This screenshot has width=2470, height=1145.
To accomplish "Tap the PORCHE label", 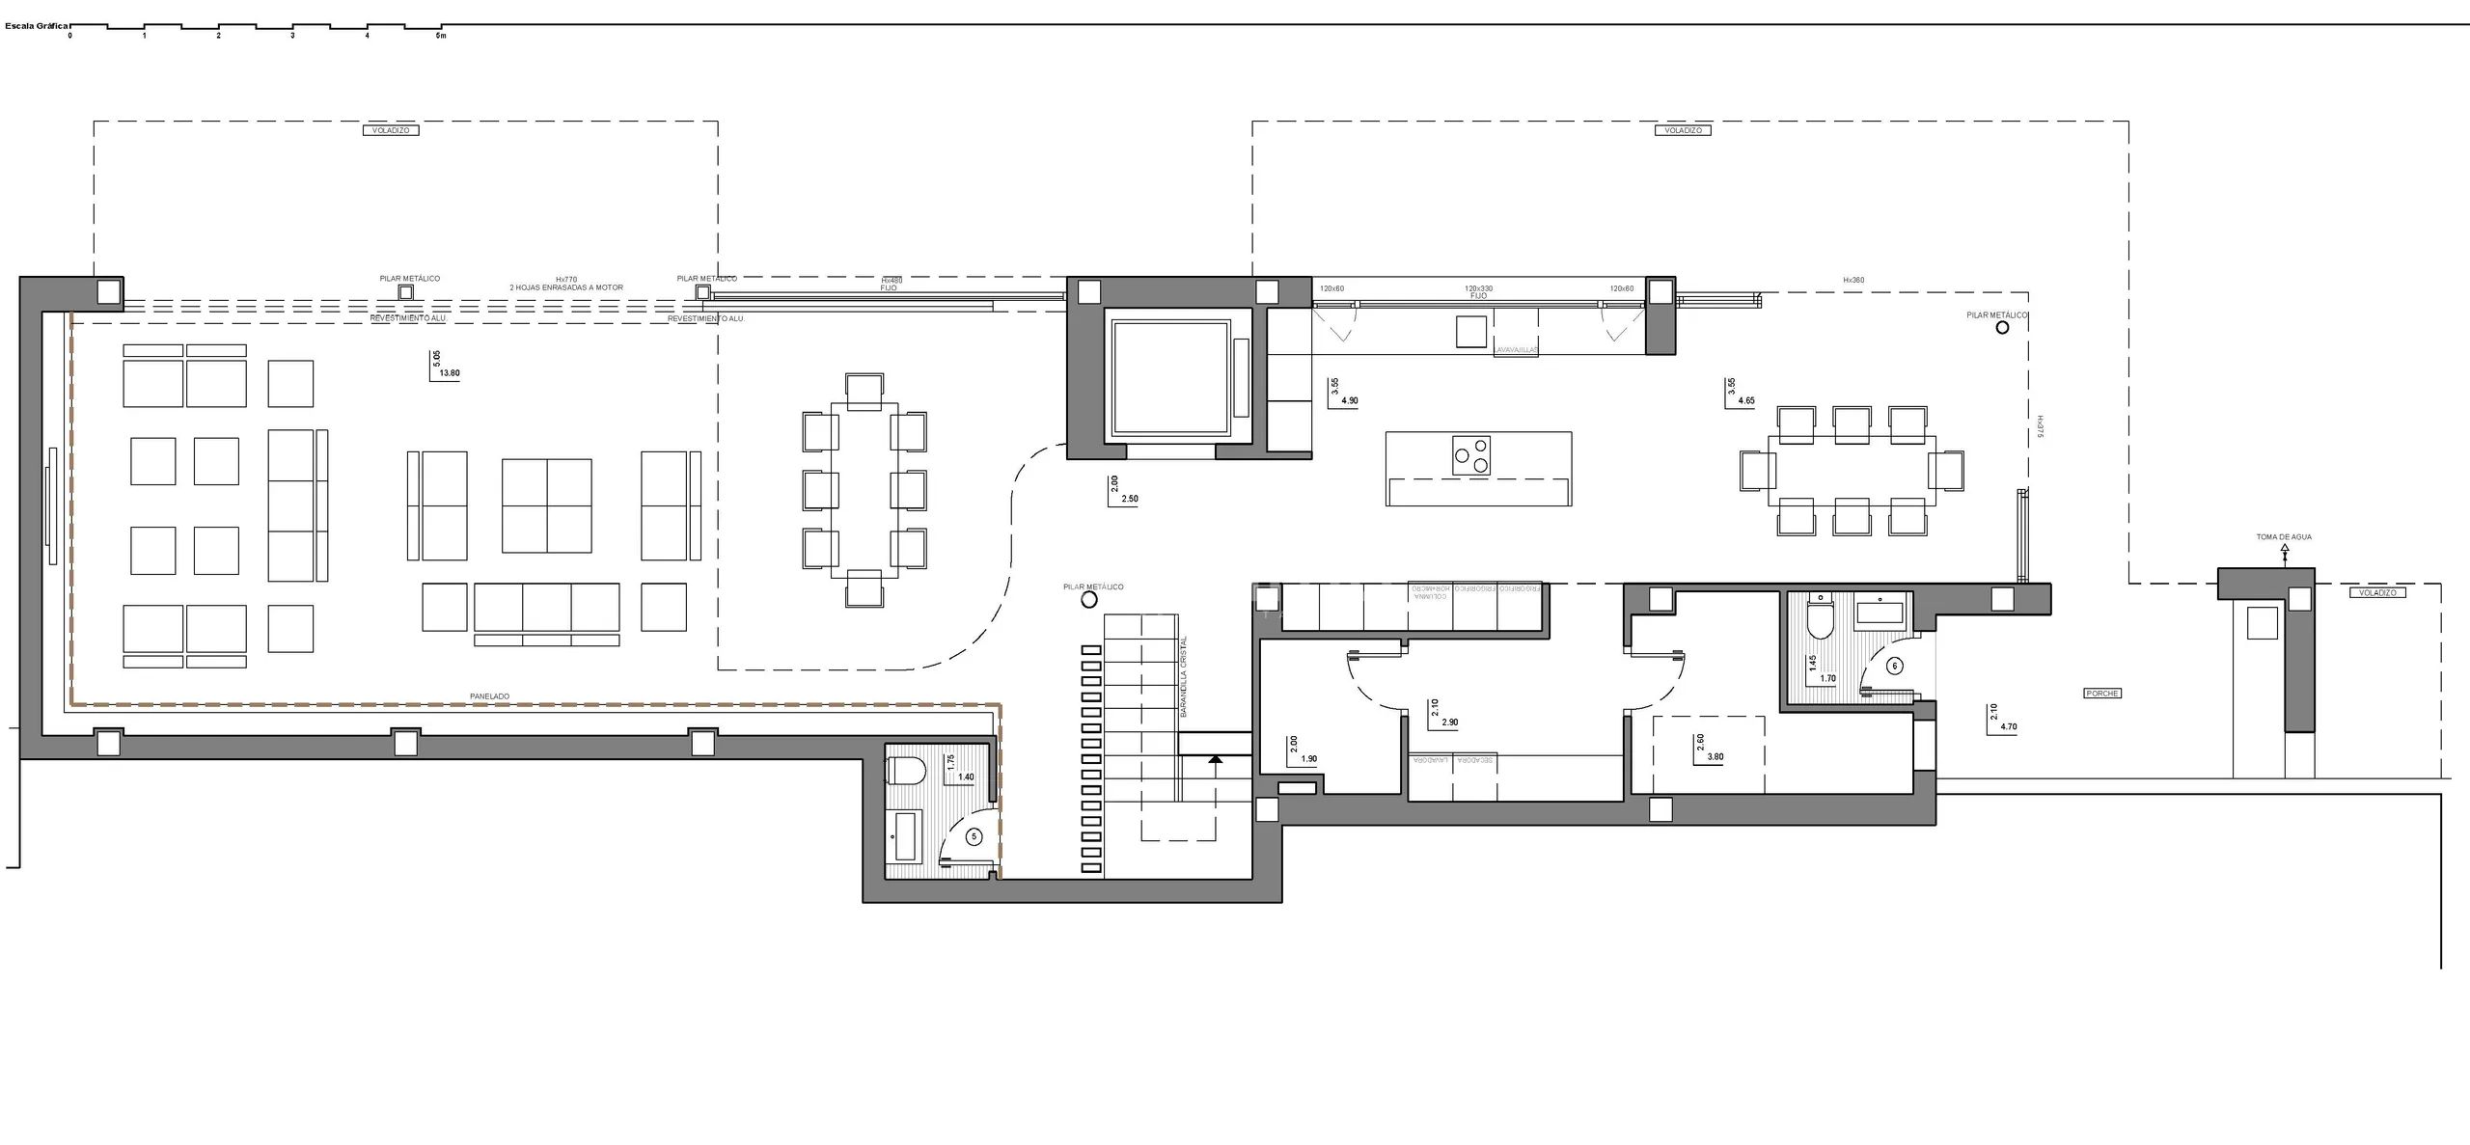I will click(x=2102, y=694).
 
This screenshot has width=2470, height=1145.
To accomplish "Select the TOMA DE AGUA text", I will click(x=2284, y=537).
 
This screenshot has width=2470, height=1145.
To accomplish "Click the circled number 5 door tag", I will click(x=974, y=837).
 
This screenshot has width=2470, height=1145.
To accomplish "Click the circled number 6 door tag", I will click(x=1894, y=666).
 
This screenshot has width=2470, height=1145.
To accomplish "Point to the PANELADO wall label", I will click(x=489, y=695).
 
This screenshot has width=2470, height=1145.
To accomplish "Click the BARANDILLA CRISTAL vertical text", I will click(x=1184, y=675).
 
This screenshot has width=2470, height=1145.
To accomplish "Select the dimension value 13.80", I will click(x=450, y=373).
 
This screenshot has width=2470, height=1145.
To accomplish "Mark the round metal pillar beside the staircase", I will click(x=1089, y=600).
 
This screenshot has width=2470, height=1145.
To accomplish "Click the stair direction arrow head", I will click(x=1215, y=759).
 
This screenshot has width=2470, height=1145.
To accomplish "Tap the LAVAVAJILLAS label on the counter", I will click(x=1516, y=351).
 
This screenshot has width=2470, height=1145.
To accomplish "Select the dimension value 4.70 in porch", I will click(x=2009, y=727).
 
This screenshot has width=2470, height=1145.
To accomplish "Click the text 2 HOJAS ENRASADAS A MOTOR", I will click(x=566, y=287).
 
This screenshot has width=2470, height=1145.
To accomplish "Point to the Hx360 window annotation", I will click(x=1852, y=280).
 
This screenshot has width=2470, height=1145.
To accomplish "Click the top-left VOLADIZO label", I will click(x=391, y=130).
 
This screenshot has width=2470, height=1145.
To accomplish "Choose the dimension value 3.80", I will click(x=1715, y=757).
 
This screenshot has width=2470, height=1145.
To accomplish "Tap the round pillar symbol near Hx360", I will click(x=2002, y=328).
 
